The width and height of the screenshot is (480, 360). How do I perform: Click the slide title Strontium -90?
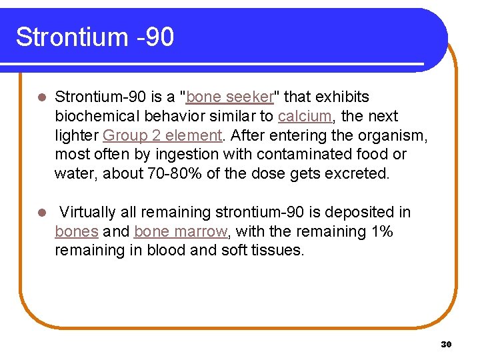click(95, 37)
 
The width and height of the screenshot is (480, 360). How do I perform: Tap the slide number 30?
click(446, 344)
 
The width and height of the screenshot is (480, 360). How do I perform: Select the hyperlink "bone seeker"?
click(230, 97)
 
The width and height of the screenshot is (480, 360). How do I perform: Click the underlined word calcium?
click(305, 117)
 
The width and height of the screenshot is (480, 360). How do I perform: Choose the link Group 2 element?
click(162, 135)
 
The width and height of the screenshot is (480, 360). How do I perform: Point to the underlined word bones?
click(76, 232)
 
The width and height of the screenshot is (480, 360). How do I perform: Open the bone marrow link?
click(180, 232)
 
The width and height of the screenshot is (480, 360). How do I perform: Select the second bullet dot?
click(41, 213)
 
